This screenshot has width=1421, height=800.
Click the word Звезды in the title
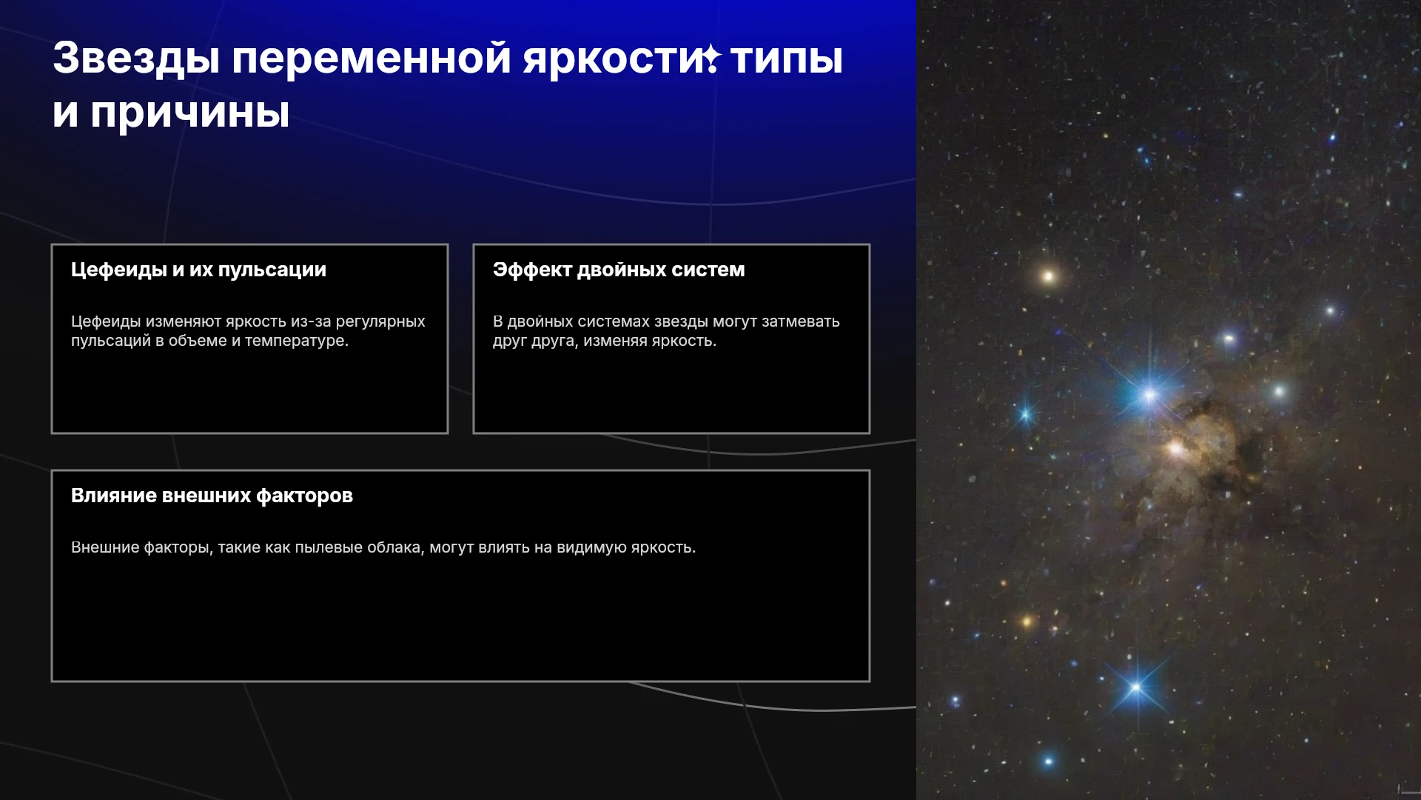click(136, 59)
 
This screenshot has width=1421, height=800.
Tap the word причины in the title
click(190, 113)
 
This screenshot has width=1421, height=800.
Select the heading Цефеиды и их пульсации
click(198, 270)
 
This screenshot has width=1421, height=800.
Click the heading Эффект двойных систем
click(619, 270)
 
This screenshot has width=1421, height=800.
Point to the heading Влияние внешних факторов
click(212, 496)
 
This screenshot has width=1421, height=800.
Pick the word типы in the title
click(787, 59)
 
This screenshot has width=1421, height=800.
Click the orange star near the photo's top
click(1047, 277)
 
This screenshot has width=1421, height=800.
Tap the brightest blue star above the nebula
click(1149, 395)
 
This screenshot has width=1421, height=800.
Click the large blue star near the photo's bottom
click(1136, 688)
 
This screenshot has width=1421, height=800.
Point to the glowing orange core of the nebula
click(1175, 448)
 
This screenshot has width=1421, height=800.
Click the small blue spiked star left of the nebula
click(1026, 415)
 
